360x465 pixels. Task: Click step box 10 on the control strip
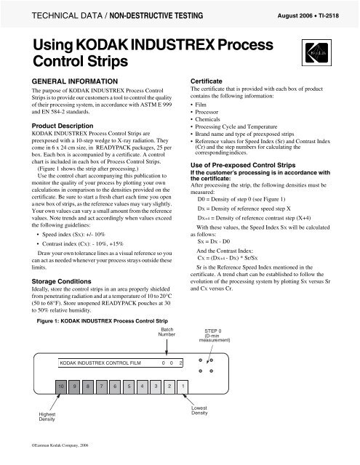(63, 405)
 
